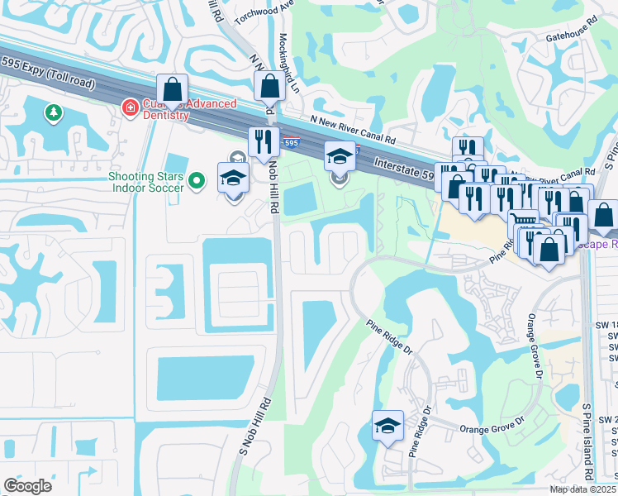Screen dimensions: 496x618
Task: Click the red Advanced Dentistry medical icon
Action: pos(130,107)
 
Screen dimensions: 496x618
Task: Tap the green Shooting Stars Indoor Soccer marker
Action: pos(197,179)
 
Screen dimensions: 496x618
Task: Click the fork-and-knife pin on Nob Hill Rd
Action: pos(264,142)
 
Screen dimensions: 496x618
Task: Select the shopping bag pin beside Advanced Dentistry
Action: pos(173,88)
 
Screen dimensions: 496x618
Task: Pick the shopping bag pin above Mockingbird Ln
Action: pos(270,86)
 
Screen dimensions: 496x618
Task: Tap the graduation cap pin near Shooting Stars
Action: pos(234,177)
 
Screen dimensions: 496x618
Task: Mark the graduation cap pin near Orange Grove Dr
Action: pos(387,426)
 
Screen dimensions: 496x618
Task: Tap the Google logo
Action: pos(29,486)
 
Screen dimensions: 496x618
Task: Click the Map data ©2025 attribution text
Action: pos(582,489)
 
